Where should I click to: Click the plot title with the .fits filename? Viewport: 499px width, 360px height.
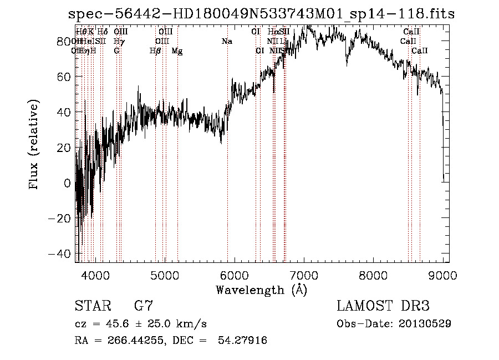261,14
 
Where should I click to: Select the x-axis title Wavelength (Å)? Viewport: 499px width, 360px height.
261,290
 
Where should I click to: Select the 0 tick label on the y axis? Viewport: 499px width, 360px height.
67,183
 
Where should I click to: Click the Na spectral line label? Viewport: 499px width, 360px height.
227,42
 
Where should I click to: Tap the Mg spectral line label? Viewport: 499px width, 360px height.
177,51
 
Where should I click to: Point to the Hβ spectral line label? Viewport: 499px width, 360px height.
155,51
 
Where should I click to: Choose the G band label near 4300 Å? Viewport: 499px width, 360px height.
116,51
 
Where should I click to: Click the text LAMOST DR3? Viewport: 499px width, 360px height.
383,306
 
